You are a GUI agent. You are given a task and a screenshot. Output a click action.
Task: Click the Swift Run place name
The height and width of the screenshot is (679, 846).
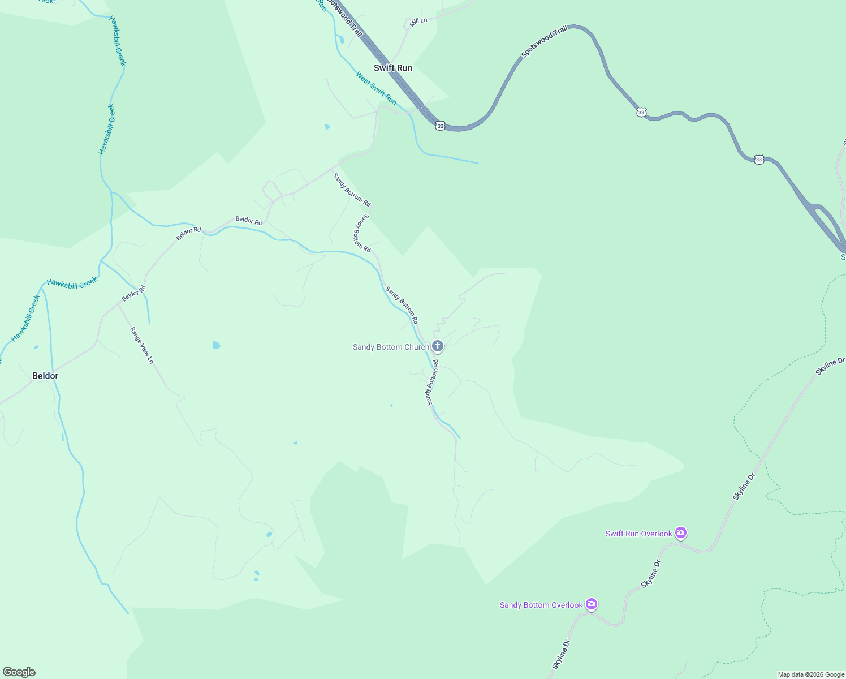[393, 68]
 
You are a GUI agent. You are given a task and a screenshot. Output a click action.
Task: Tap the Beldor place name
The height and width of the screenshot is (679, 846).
[45, 376]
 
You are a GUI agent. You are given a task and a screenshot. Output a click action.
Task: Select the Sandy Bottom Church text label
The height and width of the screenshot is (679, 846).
[391, 347]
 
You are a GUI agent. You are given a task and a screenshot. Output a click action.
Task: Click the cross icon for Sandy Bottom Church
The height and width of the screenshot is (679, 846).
[437, 346]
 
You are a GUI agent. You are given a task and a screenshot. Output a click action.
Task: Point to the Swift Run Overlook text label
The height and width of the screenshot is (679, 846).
[638, 534]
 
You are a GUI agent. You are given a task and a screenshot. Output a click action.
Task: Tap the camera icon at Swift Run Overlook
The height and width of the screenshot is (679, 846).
[681, 532]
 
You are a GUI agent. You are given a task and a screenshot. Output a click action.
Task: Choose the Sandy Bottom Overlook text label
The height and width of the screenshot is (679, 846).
[541, 605]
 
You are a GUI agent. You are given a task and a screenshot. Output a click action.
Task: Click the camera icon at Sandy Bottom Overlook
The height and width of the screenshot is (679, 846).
[592, 604]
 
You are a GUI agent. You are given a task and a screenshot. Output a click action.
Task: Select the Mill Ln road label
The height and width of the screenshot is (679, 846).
[418, 22]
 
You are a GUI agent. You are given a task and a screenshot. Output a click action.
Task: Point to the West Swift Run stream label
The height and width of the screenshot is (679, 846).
[376, 88]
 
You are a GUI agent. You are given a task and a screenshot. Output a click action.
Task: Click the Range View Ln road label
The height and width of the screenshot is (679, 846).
[142, 345]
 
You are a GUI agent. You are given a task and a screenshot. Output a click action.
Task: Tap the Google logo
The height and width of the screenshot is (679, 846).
[19, 672]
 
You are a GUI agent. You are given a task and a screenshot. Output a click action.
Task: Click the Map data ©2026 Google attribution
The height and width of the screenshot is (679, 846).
[811, 674]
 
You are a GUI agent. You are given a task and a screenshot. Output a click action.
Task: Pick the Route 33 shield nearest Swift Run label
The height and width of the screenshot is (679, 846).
[441, 126]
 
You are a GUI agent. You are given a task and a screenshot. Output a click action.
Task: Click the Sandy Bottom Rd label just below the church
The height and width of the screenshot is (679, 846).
[433, 383]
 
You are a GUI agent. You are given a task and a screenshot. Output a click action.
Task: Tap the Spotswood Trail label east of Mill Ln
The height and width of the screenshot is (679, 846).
[544, 41]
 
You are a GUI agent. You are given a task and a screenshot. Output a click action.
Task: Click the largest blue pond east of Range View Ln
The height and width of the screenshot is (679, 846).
[216, 345]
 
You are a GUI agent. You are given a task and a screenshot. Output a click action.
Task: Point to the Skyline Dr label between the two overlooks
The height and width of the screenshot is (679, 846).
[651, 574]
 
